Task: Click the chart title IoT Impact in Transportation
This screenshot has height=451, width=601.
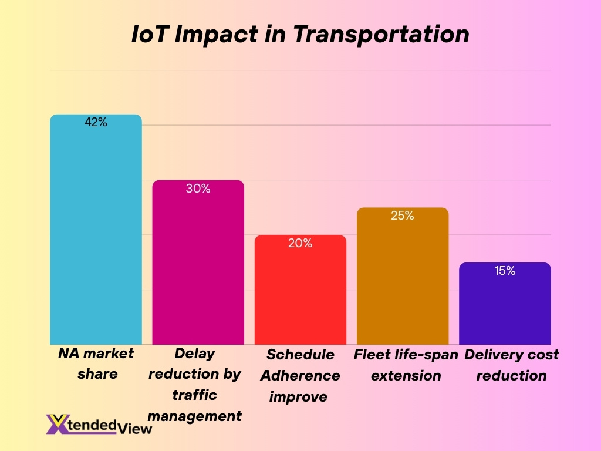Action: (300, 34)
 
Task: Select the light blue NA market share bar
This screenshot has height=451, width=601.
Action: (96, 235)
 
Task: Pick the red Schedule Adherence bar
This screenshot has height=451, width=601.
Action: (300, 294)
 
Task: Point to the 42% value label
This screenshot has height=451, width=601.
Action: (96, 123)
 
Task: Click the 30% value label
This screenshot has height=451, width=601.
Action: (198, 189)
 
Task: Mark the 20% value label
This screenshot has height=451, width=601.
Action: (300, 243)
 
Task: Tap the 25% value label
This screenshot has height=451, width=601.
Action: (403, 216)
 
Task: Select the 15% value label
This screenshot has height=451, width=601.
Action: (505, 271)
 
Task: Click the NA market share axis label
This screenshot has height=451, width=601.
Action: (96, 364)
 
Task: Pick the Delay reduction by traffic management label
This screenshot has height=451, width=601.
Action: (194, 385)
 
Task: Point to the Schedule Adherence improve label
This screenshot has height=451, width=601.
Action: (300, 375)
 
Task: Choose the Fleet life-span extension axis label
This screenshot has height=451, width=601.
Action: (406, 365)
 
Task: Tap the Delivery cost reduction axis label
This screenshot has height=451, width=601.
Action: (511, 365)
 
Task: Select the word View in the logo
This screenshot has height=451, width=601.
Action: (135, 428)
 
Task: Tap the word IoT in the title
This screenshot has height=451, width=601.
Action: (150, 34)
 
